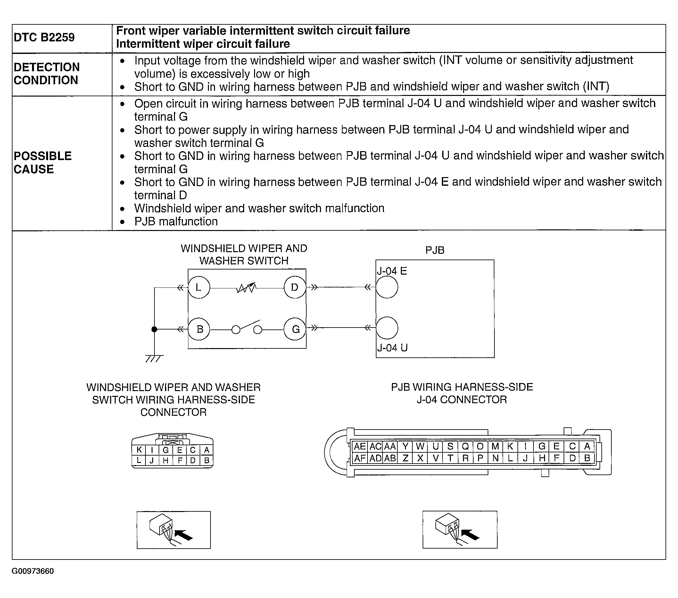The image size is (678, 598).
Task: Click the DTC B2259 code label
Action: pos(44,37)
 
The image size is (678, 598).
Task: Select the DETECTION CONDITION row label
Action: pos(46,73)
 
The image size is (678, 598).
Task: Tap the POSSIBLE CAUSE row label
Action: pos(43,162)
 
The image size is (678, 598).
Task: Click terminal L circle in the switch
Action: pos(199,287)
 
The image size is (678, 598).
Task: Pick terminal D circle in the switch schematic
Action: pos(294,287)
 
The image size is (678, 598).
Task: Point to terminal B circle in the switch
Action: pos(199,329)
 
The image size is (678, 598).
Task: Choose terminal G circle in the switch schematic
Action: pos(295,329)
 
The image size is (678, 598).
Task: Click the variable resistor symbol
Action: pos(246,287)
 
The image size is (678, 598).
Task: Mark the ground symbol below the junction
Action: pos(154,358)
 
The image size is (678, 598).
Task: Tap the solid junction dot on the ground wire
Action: pos(154,329)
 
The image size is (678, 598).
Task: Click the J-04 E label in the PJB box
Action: pos(392,271)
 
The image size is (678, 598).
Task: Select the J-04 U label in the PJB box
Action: pos(392,348)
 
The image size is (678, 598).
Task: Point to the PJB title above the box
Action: pos(434,250)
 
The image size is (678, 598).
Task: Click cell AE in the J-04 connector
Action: pos(360,446)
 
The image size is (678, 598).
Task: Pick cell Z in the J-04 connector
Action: pos(405,458)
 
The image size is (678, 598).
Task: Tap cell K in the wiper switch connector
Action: pos(139,450)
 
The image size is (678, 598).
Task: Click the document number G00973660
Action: pos(32,571)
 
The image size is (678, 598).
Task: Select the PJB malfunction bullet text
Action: pos(176,221)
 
